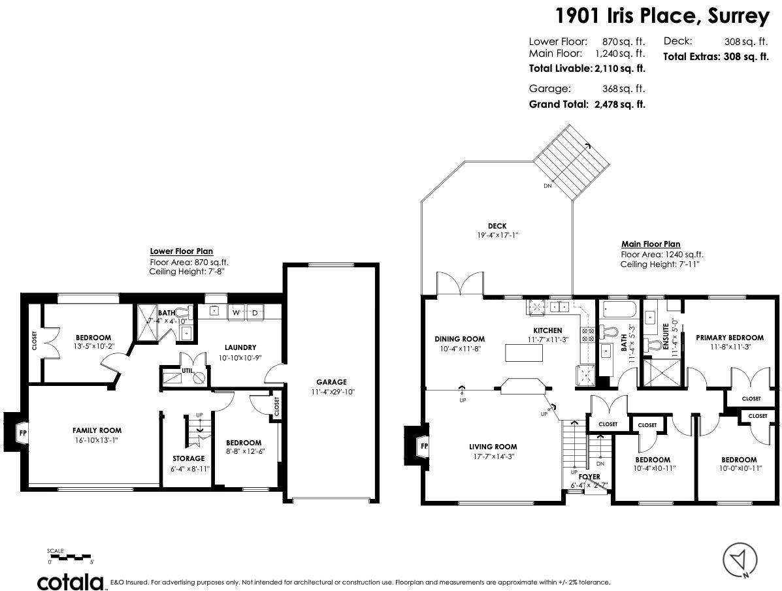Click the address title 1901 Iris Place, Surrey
coord(662,16)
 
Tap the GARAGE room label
coord(331,382)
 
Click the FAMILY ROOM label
coord(97,430)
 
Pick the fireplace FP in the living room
coord(423,447)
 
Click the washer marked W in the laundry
coord(236,313)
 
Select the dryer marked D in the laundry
coord(255,313)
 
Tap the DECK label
coord(497,226)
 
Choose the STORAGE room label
coord(188,458)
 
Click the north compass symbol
coord(740,560)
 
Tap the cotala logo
coord(71,581)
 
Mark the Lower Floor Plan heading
coord(181,251)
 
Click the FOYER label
coord(589,477)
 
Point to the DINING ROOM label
coord(459,339)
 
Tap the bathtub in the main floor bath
coord(619,310)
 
